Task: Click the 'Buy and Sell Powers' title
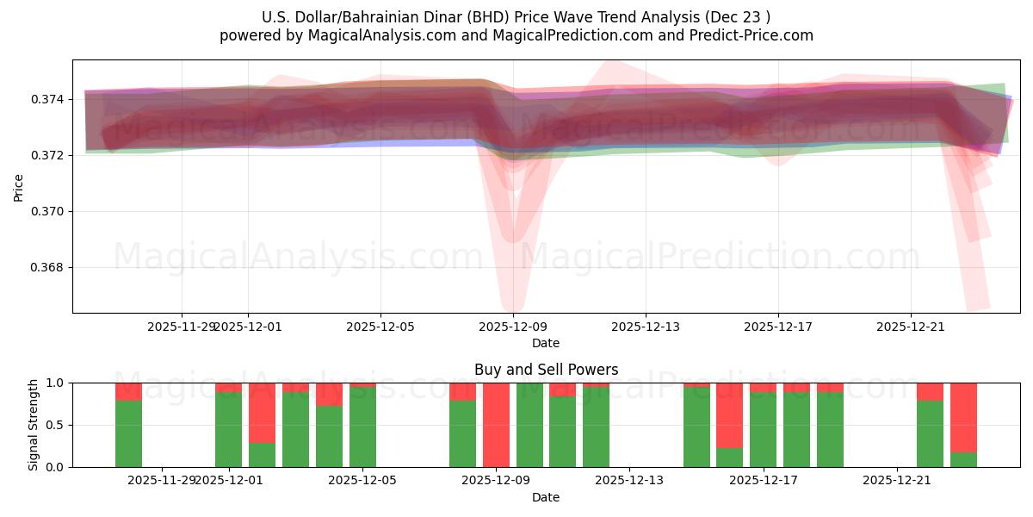(x=546, y=370)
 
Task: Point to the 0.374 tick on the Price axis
(x=49, y=99)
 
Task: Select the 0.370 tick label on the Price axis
(x=49, y=211)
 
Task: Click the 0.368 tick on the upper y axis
(x=49, y=267)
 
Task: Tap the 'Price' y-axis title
(x=19, y=186)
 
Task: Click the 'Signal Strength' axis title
(x=34, y=425)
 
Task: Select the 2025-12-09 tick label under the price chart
(x=513, y=327)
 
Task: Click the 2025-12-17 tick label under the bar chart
(x=764, y=480)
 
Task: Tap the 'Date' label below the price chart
(x=546, y=343)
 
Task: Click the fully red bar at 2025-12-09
(x=496, y=425)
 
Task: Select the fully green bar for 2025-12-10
(x=529, y=425)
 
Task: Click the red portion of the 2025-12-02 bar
(x=262, y=412)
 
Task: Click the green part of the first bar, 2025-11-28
(x=128, y=433)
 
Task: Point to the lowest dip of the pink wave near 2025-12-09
(x=513, y=305)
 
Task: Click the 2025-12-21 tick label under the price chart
(x=911, y=327)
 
